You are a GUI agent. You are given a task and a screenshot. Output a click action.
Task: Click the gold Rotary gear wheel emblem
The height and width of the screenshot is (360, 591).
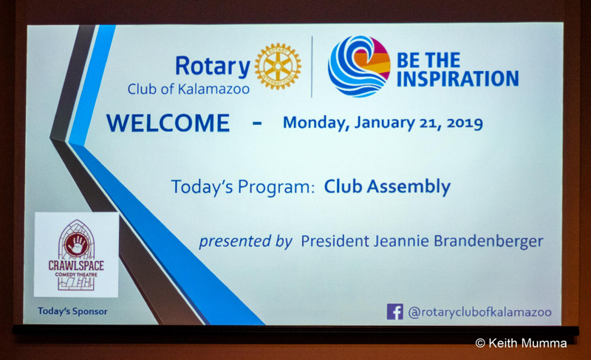pos(278,67)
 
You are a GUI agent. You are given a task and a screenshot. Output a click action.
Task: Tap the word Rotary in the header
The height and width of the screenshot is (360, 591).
pos(213,67)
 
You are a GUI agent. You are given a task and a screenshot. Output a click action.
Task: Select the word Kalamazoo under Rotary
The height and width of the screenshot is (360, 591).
pos(213,89)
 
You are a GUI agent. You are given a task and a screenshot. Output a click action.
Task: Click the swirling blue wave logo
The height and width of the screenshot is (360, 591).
pos(359,66)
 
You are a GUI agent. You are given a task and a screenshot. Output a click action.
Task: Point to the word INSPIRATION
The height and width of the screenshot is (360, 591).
pos(457,79)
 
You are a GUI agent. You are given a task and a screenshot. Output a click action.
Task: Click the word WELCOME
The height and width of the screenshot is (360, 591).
pos(168,123)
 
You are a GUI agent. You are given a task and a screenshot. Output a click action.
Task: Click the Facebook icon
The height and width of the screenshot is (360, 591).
pos(394,312)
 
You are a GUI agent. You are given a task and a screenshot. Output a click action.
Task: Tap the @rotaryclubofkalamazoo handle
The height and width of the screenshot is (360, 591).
pos(480,312)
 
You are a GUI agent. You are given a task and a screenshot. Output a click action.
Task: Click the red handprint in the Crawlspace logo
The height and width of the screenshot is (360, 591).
pos(77,244)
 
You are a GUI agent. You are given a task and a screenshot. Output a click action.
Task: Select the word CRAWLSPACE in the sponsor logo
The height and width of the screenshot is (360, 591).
pos(76,265)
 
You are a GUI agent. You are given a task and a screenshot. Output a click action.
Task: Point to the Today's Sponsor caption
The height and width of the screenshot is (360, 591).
pos(72,311)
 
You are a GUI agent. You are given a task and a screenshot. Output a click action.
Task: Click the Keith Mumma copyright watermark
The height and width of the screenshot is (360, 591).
pos(522,343)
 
